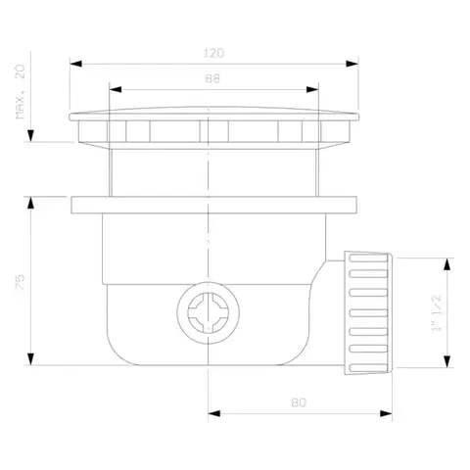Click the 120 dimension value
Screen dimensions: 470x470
[213, 53]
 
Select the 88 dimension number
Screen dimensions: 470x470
[212, 78]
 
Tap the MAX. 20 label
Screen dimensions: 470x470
[21, 92]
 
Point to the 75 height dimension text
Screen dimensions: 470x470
[21, 282]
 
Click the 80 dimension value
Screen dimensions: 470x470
[299, 402]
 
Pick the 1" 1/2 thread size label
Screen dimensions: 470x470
[437, 312]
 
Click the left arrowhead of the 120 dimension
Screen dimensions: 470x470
[75, 64]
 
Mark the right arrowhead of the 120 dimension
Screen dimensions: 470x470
[352, 64]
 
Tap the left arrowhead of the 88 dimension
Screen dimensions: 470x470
[116, 89]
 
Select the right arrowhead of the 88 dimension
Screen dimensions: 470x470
[312, 89]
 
